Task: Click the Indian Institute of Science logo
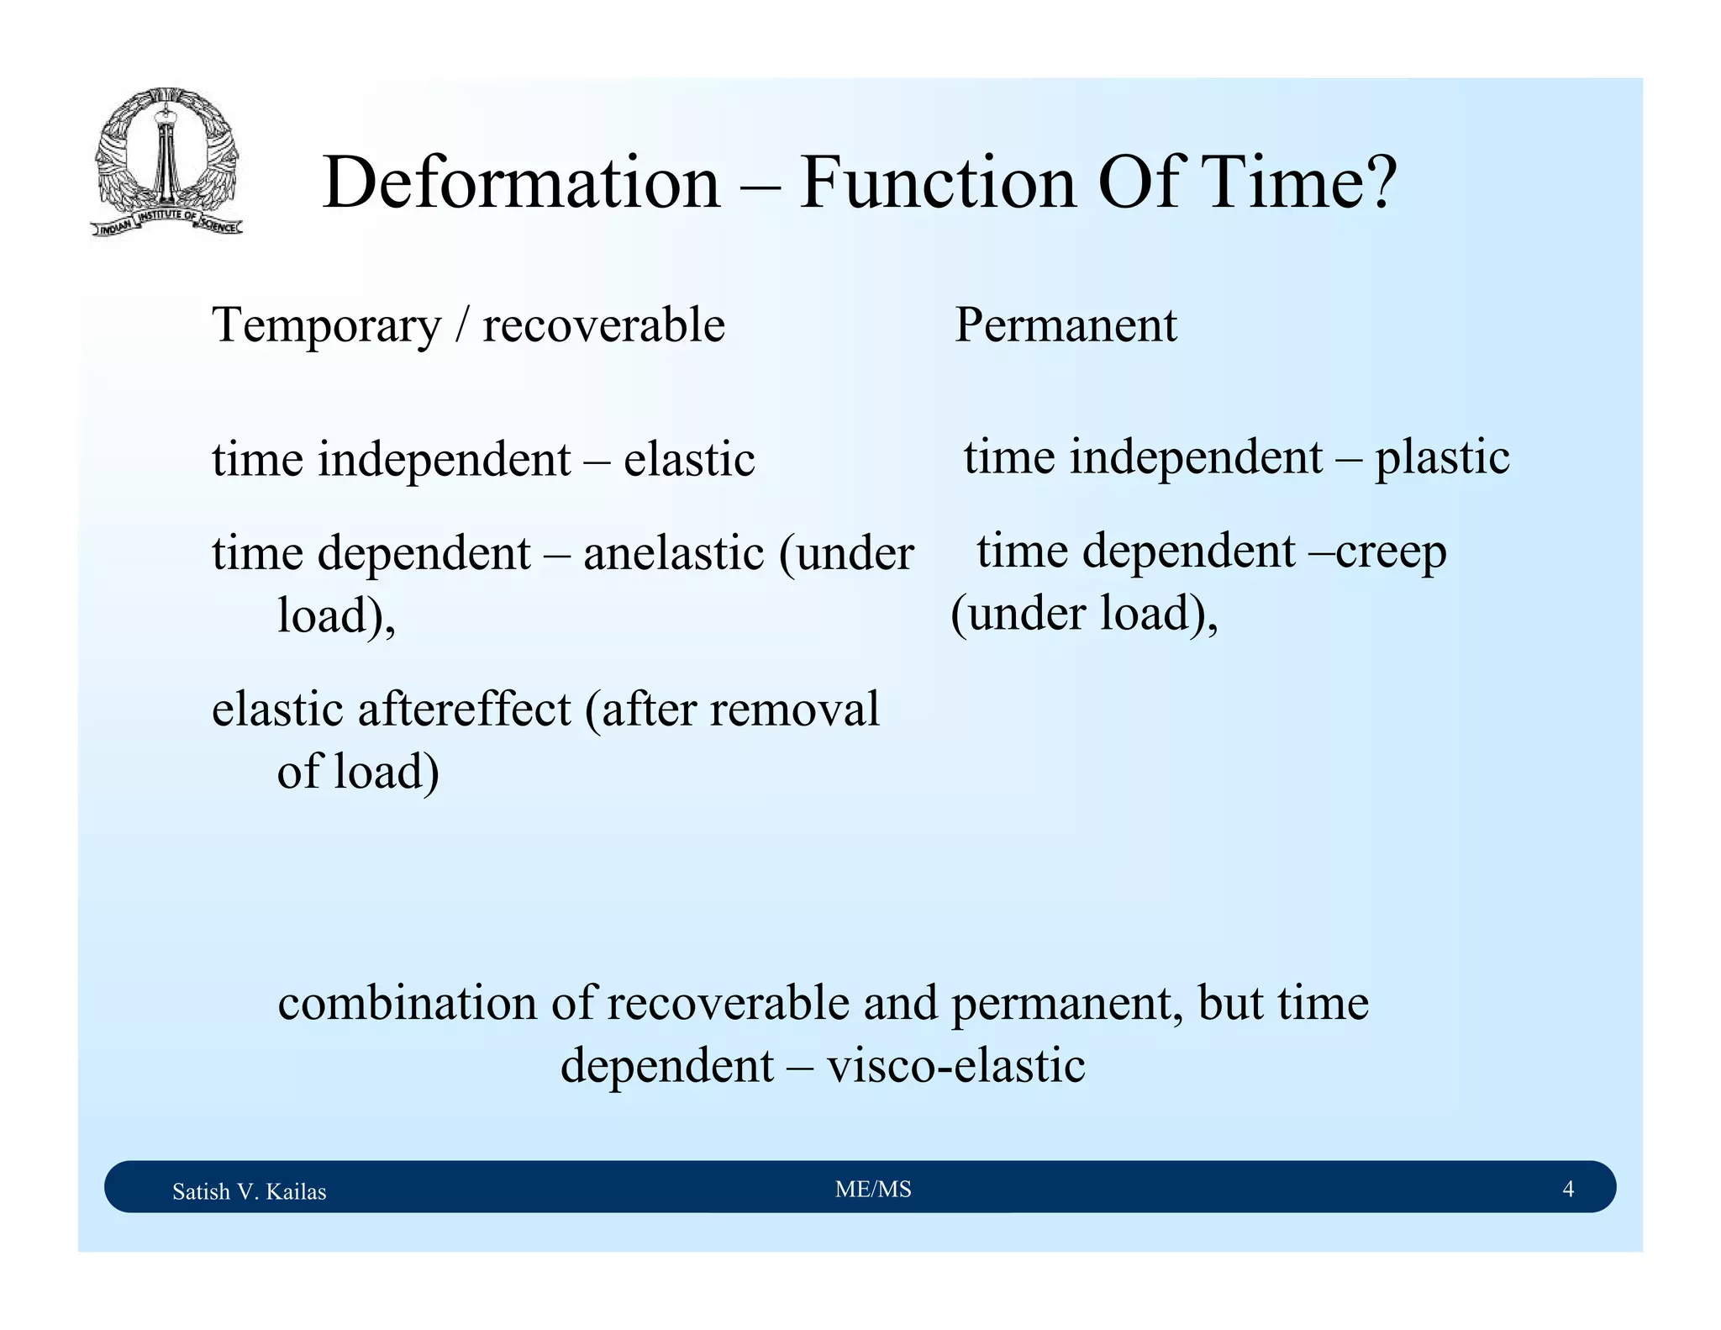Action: click(x=166, y=161)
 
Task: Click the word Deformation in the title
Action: click(x=521, y=182)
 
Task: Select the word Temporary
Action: click(x=326, y=325)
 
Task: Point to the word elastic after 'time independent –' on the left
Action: click(x=689, y=460)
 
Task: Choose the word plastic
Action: click(x=1442, y=458)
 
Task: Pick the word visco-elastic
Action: click(x=955, y=1065)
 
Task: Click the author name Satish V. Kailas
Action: click(x=249, y=1191)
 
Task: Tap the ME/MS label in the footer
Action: click(x=873, y=1189)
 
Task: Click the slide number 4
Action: click(x=1567, y=1189)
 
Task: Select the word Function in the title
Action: click(x=938, y=182)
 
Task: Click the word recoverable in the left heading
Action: click(x=603, y=325)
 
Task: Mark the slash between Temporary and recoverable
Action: click(x=461, y=325)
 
